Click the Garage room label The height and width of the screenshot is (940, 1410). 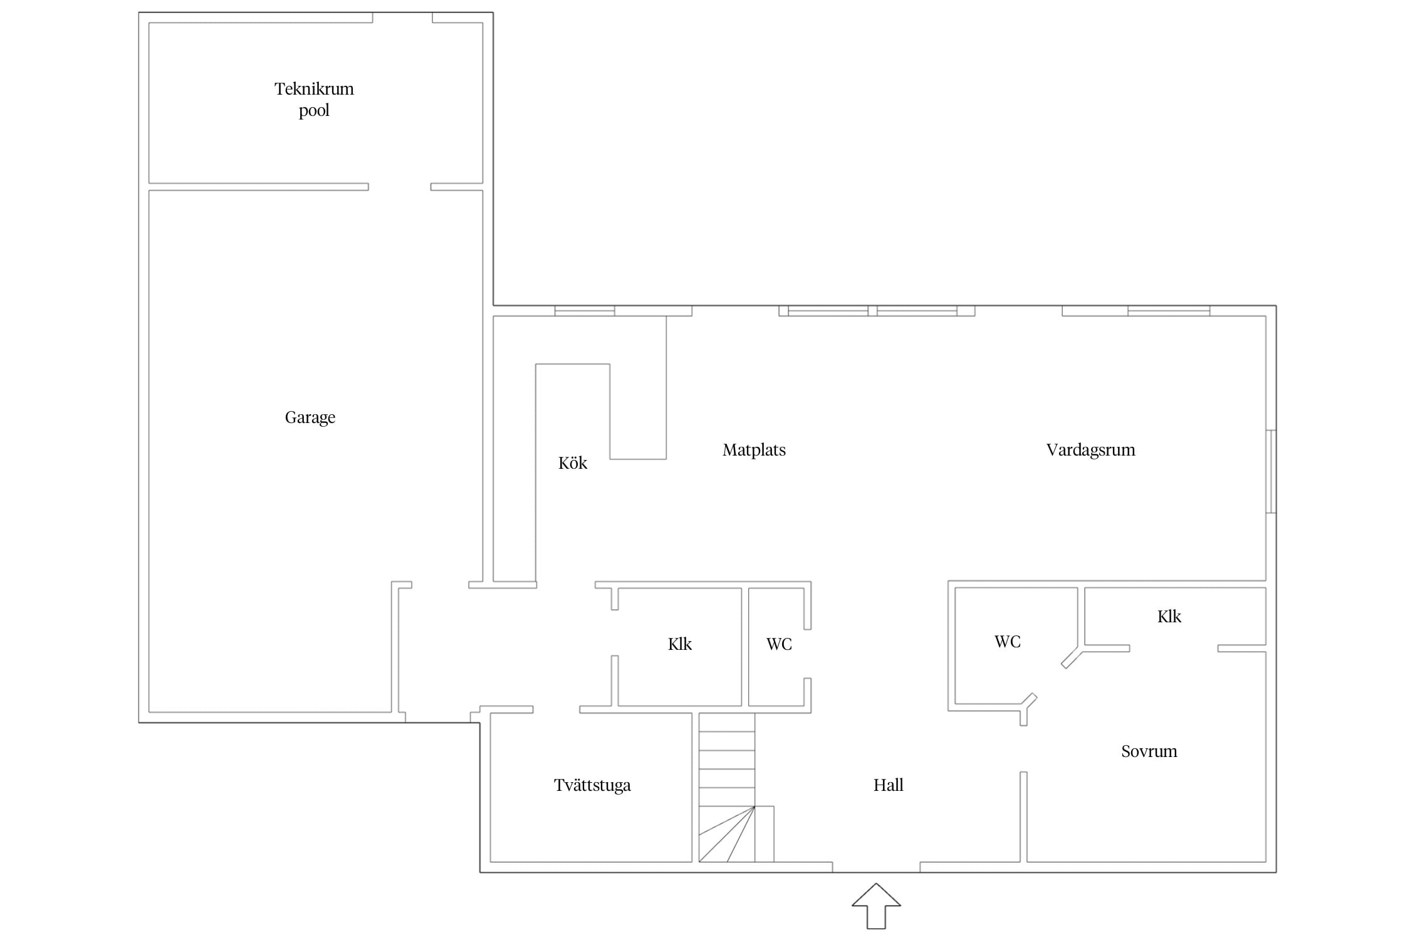click(x=310, y=418)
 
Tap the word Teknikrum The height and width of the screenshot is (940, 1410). click(x=314, y=89)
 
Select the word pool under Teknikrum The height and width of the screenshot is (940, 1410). click(x=314, y=111)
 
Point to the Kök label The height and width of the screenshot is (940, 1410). click(x=573, y=463)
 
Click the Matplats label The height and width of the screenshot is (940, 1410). click(x=754, y=450)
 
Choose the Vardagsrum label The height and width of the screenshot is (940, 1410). click(x=1090, y=450)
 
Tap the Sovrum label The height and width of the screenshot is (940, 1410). click(x=1149, y=751)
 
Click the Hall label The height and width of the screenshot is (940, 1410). click(x=889, y=785)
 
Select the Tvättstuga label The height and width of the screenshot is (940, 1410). click(x=592, y=785)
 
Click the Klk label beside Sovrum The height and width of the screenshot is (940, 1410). click(x=1169, y=617)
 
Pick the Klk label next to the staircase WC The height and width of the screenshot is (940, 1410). click(x=680, y=644)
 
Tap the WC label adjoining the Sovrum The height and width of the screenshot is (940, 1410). click(x=1008, y=642)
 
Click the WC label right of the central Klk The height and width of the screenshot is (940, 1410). click(x=779, y=644)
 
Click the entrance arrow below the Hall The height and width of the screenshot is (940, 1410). click(x=876, y=906)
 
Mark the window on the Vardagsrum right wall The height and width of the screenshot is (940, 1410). click(x=1271, y=471)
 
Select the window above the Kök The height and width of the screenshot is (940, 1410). click(x=584, y=311)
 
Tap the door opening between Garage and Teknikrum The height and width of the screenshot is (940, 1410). click(x=400, y=187)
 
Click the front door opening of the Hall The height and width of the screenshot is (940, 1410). click(x=876, y=867)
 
